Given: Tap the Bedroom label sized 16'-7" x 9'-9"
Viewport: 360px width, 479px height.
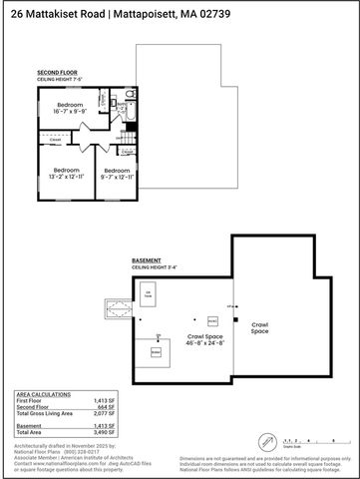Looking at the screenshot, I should click(69, 108).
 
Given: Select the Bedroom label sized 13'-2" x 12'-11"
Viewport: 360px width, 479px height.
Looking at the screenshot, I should click(65, 174).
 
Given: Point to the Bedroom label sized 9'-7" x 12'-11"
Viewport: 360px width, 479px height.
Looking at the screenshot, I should click(113, 174).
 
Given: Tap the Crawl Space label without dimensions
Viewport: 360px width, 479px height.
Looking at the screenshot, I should click(259, 327).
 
